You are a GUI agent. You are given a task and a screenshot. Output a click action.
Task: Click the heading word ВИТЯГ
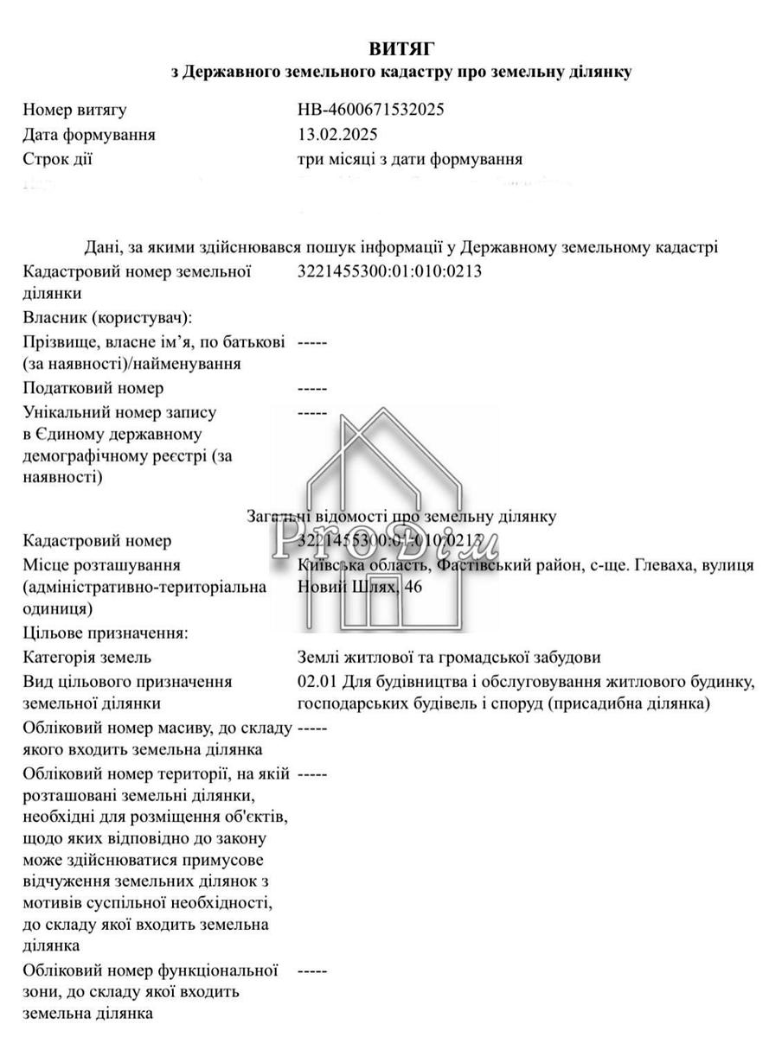(x=401, y=48)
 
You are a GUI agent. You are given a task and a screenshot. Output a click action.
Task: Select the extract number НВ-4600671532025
(x=371, y=110)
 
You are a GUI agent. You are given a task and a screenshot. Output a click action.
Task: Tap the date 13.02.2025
(x=337, y=135)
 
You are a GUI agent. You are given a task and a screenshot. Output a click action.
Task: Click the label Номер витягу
(x=75, y=110)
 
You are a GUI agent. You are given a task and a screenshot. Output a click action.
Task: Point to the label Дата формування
(x=90, y=135)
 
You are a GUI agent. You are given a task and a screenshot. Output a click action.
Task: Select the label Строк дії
(x=58, y=159)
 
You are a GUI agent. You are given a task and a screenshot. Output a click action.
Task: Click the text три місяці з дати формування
(x=409, y=159)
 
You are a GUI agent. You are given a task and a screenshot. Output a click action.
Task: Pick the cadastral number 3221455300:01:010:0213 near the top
(x=388, y=271)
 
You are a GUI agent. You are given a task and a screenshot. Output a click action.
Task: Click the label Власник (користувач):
(x=108, y=317)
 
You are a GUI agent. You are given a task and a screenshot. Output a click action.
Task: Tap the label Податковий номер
(x=93, y=388)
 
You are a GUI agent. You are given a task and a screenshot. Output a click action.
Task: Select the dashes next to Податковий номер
(x=311, y=388)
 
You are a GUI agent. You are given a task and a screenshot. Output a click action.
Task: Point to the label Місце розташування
(x=102, y=565)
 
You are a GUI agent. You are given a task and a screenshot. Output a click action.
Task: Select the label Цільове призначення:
(x=106, y=633)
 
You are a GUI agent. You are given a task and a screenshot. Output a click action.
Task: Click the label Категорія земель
(x=87, y=658)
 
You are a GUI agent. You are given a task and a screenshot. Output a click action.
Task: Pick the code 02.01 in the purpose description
(x=314, y=681)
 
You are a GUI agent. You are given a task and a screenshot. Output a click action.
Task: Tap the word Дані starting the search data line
(x=102, y=247)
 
